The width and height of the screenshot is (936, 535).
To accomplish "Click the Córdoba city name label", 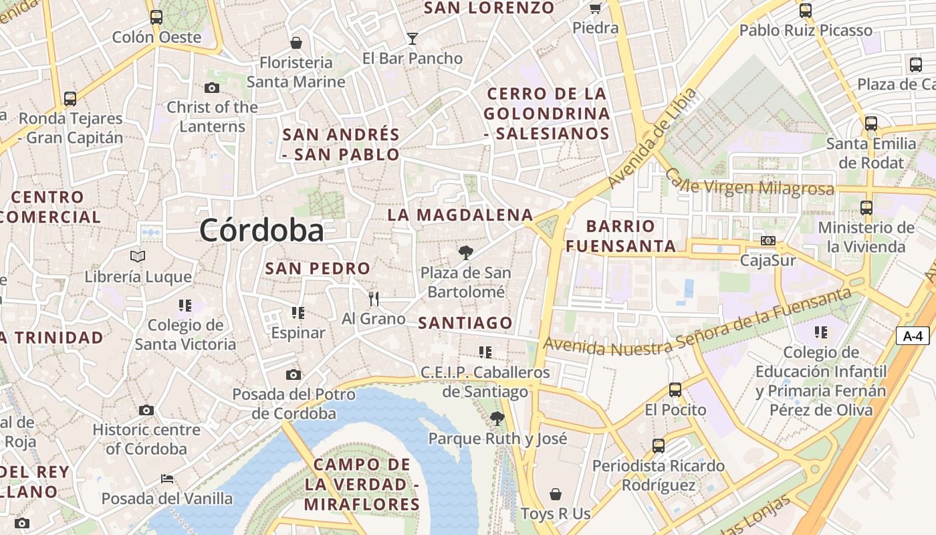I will tap(261, 231).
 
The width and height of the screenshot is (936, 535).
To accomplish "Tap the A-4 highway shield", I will tap(913, 336).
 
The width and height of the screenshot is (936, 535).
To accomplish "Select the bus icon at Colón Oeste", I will tap(156, 17).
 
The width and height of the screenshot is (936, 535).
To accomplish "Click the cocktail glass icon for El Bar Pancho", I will tap(413, 39).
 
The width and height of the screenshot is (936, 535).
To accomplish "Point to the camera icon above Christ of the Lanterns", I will tap(212, 88).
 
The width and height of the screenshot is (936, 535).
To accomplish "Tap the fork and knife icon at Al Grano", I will tap(374, 298).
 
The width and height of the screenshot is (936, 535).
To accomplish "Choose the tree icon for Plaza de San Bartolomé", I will tap(466, 252).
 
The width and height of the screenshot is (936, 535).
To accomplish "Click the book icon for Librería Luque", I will tap(138, 256).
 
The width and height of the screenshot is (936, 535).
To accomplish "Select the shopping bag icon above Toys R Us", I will tap(556, 494).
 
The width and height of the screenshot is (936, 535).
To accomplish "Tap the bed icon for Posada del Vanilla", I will tap(167, 479).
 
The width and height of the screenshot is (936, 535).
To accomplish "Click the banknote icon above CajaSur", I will tap(768, 241).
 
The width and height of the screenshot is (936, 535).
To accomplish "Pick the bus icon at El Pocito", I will tap(675, 389).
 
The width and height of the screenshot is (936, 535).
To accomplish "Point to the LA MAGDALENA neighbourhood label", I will tap(461, 215).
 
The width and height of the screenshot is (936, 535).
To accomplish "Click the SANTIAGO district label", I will tap(465, 323).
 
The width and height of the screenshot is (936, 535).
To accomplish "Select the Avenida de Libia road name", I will tap(653, 138).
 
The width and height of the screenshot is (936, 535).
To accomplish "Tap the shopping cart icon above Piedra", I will tap(595, 8).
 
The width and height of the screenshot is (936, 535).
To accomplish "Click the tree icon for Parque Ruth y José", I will tap(497, 419).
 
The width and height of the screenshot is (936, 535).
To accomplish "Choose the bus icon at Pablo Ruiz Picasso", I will tap(806, 11).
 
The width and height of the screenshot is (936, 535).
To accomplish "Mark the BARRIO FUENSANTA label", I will tap(620, 236).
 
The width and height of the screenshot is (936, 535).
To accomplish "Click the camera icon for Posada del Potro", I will tap(294, 374).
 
